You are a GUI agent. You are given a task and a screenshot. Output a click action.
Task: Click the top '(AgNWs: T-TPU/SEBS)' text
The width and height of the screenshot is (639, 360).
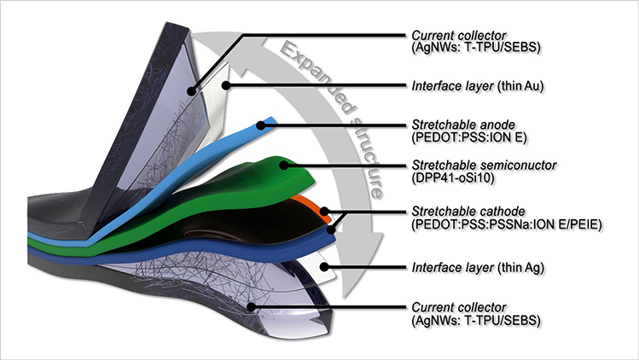[x=464, y=47]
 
